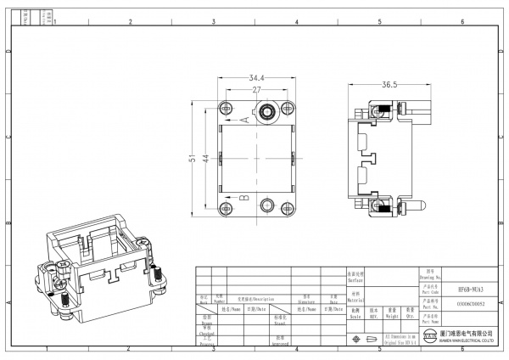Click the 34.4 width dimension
click(x=257, y=78)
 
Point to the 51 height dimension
click(x=193, y=158)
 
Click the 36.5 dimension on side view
click(x=389, y=85)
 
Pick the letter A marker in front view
click(x=246, y=120)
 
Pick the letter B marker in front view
click(x=246, y=197)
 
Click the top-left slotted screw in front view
click(x=227, y=109)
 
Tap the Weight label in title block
click(x=391, y=312)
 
